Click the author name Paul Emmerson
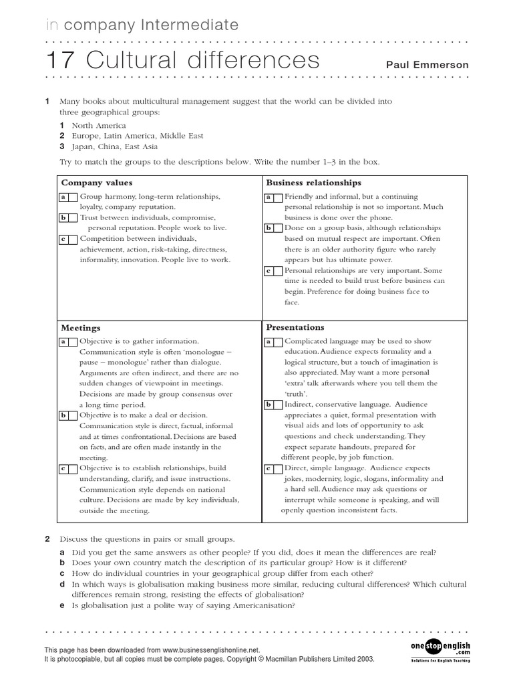[427, 65]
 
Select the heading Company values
[97, 183]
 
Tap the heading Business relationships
[313, 183]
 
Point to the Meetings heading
[81, 328]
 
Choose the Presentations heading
[295, 327]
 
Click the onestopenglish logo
[440, 648]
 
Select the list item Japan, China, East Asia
[114, 146]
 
